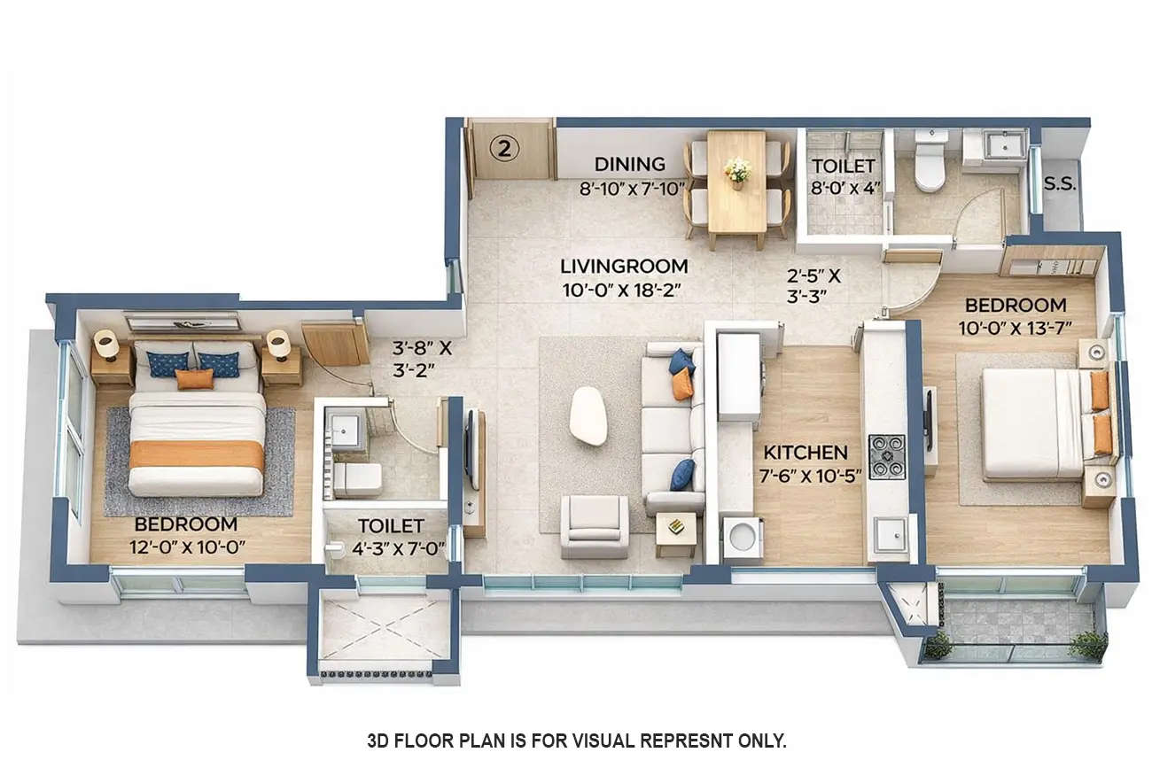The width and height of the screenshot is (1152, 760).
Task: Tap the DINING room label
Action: point(629,164)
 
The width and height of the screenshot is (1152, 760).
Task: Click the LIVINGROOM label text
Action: point(625,266)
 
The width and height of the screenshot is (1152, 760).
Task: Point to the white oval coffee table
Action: point(588,416)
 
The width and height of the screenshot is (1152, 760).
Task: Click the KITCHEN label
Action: point(806,453)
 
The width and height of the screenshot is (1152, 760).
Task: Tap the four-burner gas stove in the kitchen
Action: point(886,456)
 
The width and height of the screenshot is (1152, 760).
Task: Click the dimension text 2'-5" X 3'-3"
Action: point(813,285)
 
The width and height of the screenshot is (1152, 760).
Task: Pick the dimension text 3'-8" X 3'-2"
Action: point(422,359)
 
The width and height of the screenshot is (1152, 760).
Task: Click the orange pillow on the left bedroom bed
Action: point(194,379)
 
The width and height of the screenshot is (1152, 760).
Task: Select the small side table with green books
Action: point(675,529)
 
